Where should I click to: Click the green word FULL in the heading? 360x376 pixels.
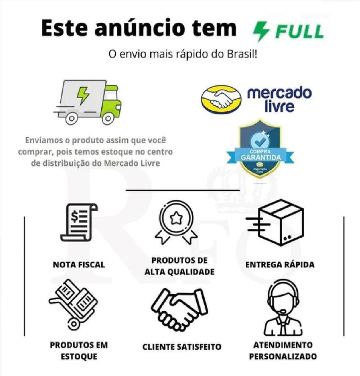[x=300, y=32]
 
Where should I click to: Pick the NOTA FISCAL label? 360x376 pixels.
[x=79, y=265]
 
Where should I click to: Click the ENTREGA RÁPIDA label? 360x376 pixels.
[x=279, y=265]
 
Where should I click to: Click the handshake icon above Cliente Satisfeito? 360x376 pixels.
[x=179, y=310]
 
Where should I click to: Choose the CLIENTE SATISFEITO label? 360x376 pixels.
[x=182, y=347]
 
